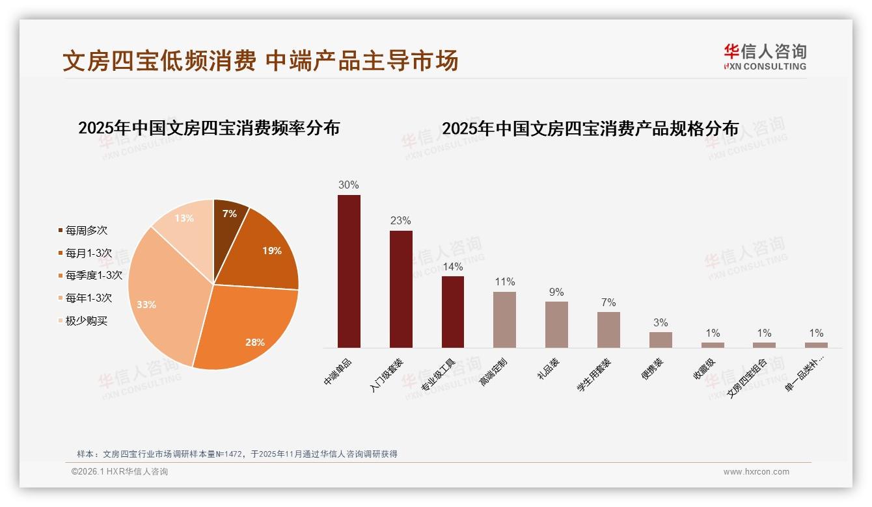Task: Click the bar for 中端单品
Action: point(349,271)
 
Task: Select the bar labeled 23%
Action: point(401,289)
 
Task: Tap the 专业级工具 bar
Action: point(453,312)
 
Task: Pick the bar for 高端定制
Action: point(504,319)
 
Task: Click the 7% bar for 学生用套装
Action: point(608,330)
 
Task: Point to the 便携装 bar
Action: point(661,340)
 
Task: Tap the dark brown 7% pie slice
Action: point(228,214)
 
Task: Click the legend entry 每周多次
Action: point(86,230)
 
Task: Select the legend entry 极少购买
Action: point(86,320)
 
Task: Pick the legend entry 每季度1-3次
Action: point(93,275)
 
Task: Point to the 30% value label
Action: point(348,185)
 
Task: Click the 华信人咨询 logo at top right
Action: point(765,57)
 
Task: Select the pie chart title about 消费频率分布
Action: point(209,128)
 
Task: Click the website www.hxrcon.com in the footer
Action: point(756,472)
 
